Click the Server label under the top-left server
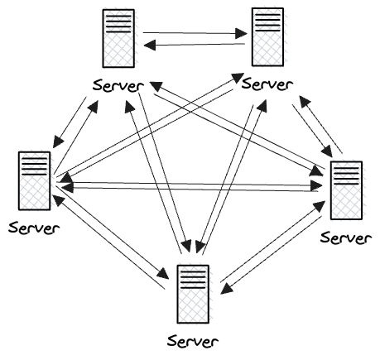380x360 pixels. coord(119,85)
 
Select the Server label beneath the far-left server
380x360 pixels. coord(31,228)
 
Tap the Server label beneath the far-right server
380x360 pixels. coord(345,239)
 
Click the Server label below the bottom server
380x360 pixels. coord(193,340)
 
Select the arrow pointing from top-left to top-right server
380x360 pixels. coord(195,33)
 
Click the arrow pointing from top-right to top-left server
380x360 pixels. coord(195,46)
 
